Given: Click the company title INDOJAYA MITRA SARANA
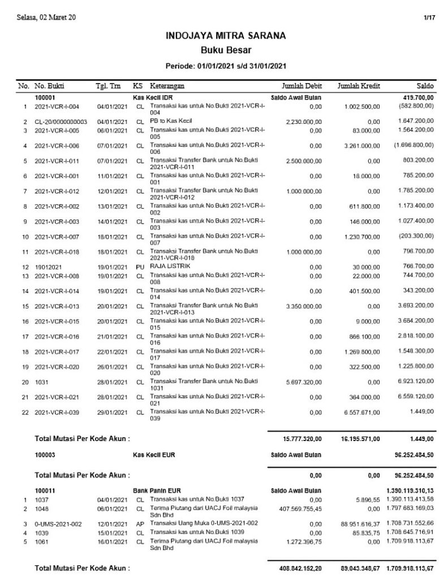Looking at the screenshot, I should coord(225,36).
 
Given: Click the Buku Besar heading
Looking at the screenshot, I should coord(225,50).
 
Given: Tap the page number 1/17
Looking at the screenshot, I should coord(428,18).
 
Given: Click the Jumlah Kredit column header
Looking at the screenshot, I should coord(358,87).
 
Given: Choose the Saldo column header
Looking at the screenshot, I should coord(425,87).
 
